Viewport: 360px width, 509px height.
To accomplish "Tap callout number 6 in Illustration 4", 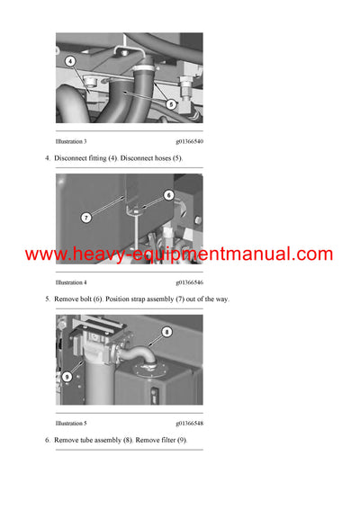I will tap(167, 194).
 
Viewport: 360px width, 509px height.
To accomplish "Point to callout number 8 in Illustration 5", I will tap(166, 332).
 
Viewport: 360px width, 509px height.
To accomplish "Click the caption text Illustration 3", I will tap(71, 142).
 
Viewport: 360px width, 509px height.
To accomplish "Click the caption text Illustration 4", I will tap(71, 282).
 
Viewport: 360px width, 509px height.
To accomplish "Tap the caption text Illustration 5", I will tap(71, 423).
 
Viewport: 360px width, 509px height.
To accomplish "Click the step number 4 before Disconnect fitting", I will tap(47, 158).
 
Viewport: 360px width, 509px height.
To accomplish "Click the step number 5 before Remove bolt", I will tap(47, 299).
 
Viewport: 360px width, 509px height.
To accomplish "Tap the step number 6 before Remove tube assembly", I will tap(47, 439).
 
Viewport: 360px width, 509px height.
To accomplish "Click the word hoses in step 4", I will tap(162, 158).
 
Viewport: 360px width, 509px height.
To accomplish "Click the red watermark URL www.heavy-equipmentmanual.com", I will tap(179, 254).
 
